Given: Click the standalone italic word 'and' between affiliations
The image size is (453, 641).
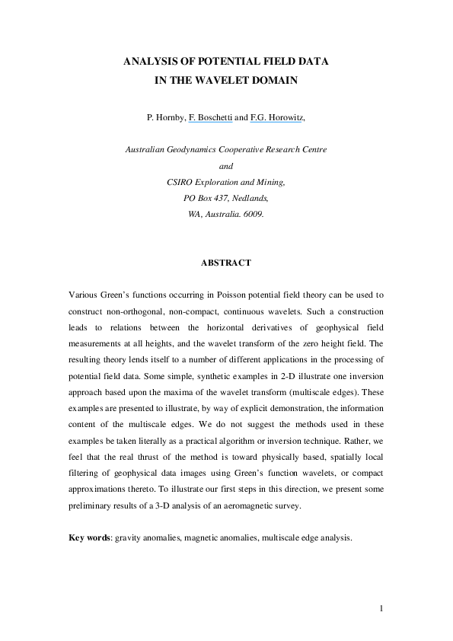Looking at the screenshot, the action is [x=226, y=165].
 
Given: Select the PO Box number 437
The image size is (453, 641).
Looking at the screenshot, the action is [x=223, y=198].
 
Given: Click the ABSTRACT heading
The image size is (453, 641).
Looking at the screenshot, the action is [x=225, y=263].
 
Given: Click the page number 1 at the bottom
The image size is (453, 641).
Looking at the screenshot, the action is [x=381, y=608].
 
